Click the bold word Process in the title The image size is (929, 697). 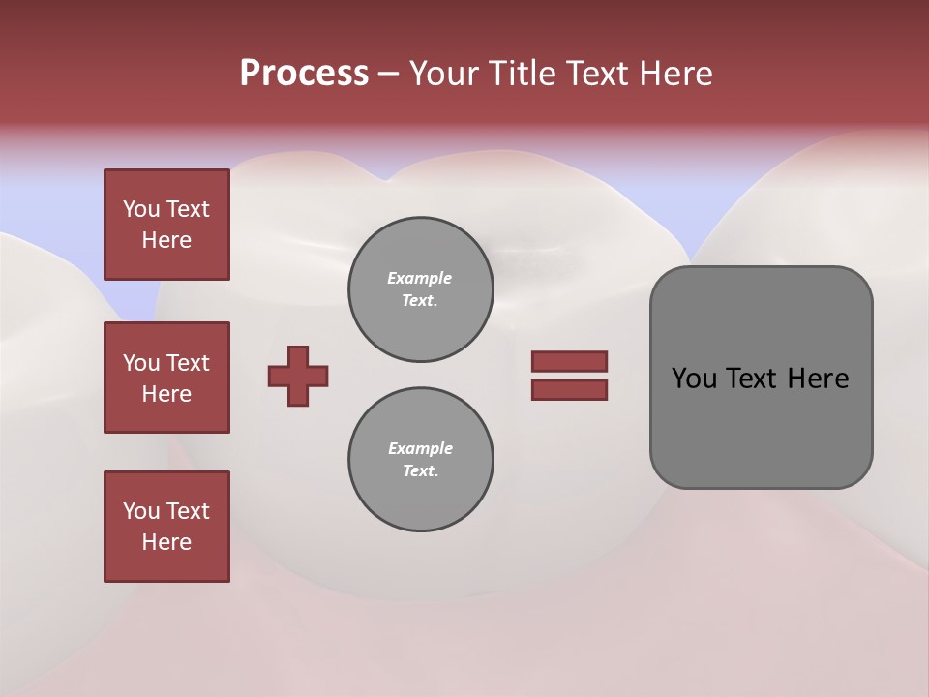(x=304, y=74)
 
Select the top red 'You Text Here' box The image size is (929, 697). (x=166, y=225)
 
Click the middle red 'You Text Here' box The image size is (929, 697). (x=166, y=378)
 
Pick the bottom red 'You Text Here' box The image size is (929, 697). (x=166, y=527)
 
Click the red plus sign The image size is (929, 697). (x=298, y=376)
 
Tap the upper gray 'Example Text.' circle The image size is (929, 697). (x=420, y=289)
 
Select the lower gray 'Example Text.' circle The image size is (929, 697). (x=420, y=460)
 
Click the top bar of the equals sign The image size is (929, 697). (x=569, y=362)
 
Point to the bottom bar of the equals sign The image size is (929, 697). (x=569, y=390)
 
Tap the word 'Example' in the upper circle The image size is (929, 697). (x=419, y=278)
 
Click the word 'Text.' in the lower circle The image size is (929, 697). (x=420, y=471)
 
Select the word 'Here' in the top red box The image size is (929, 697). (x=166, y=240)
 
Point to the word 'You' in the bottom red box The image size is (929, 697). (x=141, y=511)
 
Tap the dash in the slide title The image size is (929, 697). (x=388, y=74)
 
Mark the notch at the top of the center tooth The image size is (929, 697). (x=387, y=180)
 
